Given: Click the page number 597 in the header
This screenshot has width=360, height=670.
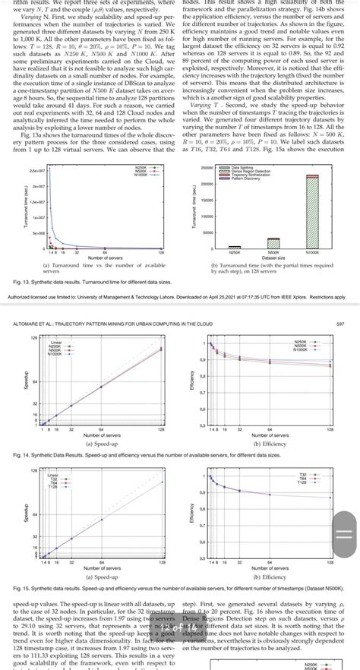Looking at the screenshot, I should coord(345,324).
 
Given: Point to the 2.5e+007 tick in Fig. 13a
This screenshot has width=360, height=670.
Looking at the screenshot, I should coord(35,150).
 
